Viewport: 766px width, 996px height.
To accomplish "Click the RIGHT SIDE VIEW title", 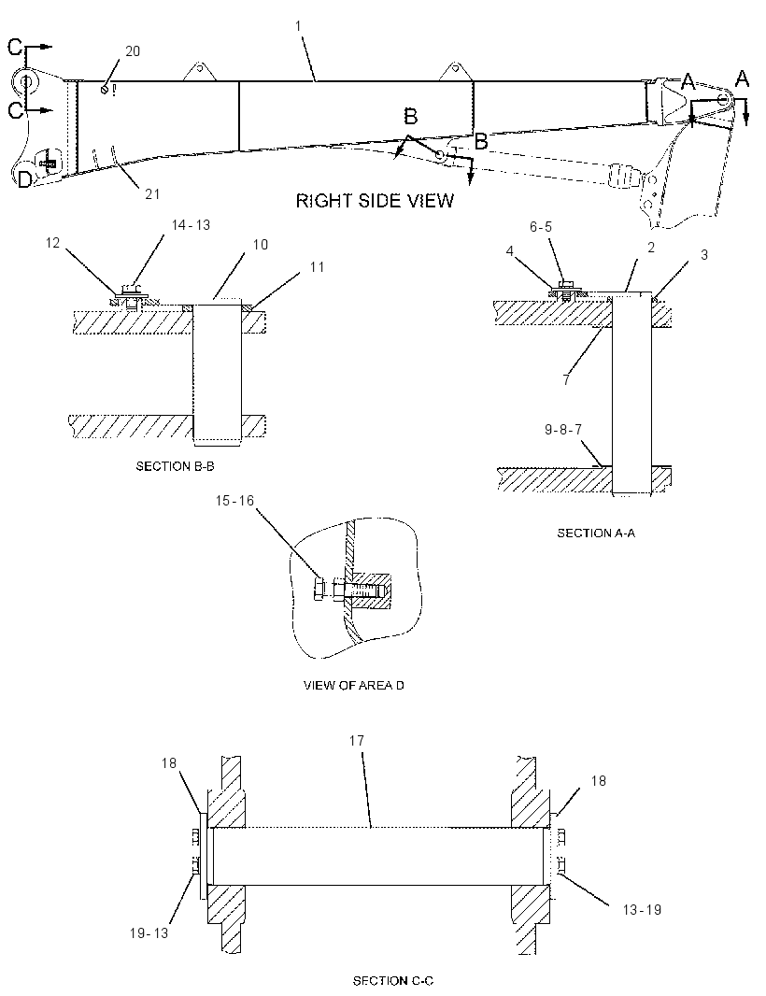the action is click(x=375, y=201).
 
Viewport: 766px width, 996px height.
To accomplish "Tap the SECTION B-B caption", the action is click(x=176, y=466).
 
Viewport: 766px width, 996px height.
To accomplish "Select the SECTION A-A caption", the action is click(x=596, y=533).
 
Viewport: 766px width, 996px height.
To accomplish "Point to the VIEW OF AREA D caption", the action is click(x=354, y=686).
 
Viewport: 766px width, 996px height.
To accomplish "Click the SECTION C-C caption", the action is click(x=393, y=981).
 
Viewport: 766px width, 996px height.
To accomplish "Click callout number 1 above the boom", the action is click(x=299, y=26).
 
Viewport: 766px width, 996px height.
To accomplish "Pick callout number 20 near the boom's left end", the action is click(x=133, y=51).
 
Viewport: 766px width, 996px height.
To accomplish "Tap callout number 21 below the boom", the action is click(x=152, y=193).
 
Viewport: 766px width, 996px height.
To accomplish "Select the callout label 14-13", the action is click(x=191, y=225).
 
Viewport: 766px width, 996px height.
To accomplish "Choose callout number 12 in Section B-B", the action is click(x=52, y=243).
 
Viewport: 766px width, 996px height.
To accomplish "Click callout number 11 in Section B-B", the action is click(x=317, y=267).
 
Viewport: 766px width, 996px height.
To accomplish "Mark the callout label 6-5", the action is click(x=541, y=227).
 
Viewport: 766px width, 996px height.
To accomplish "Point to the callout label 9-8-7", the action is click(x=563, y=430).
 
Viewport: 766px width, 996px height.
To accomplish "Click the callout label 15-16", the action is click(x=234, y=501).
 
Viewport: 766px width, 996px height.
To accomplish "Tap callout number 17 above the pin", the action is click(x=357, y=741).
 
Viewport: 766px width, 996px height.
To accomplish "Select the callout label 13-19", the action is click(x=642, y=910).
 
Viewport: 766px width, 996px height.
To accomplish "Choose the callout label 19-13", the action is click(x=149, y=933).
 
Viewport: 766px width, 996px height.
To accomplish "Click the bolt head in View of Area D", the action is click(x=320, y=590).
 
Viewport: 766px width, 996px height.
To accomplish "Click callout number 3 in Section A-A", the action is click(x=703, y=255).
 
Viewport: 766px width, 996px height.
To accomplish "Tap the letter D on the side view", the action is click(x=24, y=180).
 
